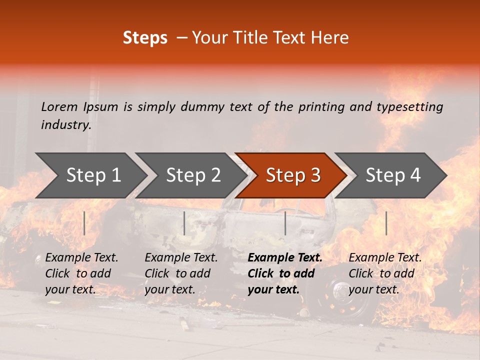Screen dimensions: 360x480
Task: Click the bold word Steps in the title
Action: pos(145,38)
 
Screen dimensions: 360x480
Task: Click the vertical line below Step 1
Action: pos(84,223)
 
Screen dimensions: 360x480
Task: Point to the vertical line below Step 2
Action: pos(184,223)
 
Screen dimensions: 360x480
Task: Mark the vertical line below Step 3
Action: pos(285,223)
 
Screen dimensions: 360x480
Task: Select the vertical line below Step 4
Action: pos(386,223)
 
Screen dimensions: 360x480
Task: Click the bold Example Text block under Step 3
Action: pos(285,273)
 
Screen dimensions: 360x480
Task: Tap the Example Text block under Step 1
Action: pos(81,273)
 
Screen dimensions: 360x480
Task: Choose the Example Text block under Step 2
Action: pos(181,273)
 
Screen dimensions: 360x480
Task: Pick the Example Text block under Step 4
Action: pos(385,273)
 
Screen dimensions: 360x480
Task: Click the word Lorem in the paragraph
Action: pos(59,106)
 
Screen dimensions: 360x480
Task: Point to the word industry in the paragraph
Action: pos(66,124)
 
